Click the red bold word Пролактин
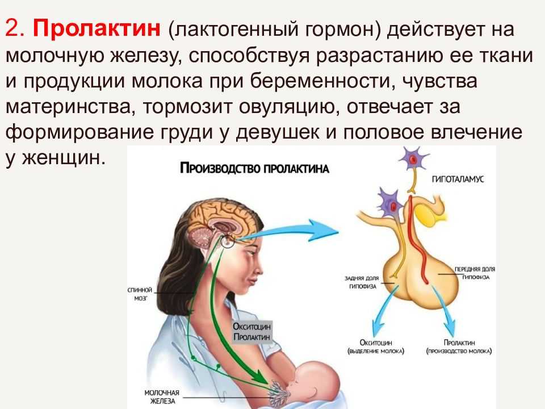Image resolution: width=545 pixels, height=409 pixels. tap(97, 28)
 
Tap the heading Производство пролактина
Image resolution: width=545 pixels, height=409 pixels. tap(254, 169)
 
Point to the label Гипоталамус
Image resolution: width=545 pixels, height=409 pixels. tap(458, 179)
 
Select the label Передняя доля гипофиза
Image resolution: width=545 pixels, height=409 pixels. tap(475, 273)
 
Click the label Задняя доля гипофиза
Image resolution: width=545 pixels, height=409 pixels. tap(362, 282)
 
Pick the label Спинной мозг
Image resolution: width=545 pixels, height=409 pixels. tap(140, 294)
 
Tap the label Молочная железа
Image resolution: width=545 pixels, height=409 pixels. tap(162, 397)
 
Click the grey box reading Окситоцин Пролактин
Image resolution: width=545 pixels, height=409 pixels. tap(251, 332)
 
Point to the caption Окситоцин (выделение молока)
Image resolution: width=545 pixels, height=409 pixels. tap(376, 347)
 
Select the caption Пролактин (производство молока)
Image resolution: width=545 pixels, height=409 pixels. tap(459, 347)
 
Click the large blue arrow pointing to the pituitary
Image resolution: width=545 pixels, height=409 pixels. tap(288, 231)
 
